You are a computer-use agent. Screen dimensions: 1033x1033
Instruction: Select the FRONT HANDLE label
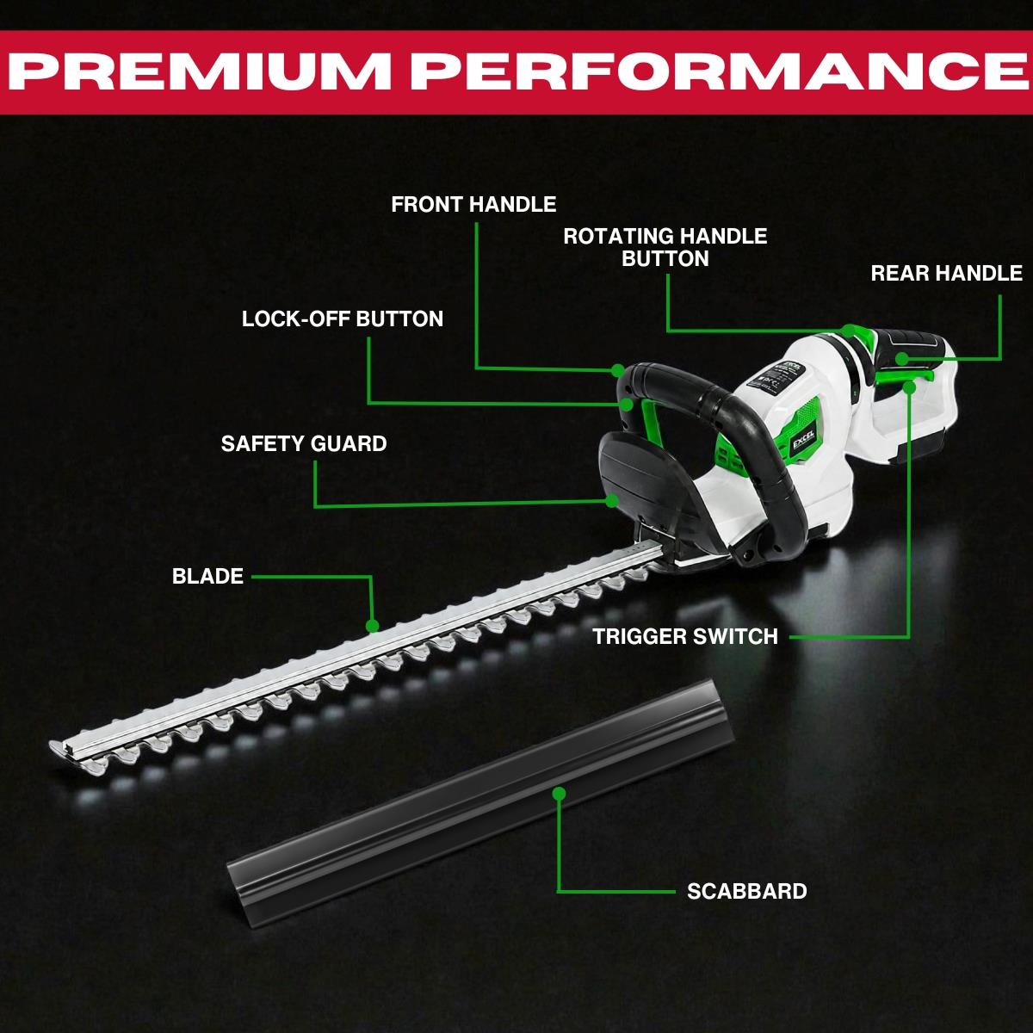point(473,204)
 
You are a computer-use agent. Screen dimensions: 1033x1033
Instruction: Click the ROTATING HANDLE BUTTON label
point(665,247)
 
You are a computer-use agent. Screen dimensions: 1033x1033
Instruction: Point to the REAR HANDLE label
point(946,274)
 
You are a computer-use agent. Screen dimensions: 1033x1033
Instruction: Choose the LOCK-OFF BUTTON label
point(342,319)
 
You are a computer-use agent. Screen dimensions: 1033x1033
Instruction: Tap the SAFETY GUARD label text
point(303,443)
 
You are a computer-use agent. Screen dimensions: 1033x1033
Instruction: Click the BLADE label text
point(207,576)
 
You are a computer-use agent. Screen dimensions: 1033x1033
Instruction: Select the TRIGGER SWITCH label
point(684,636)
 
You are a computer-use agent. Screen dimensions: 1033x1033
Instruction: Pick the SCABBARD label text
point(746,891)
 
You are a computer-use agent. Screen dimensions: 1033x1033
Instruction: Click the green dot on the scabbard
point(560,794)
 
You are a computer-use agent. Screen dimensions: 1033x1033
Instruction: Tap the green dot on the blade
point(373,626)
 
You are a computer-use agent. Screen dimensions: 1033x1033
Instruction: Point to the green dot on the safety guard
point(612,501)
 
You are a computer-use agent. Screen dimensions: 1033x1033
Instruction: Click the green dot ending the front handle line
point(617,370)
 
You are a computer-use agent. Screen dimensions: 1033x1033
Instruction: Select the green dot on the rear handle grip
point(902,358)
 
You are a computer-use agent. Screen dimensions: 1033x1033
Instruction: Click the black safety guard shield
point(646,477)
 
